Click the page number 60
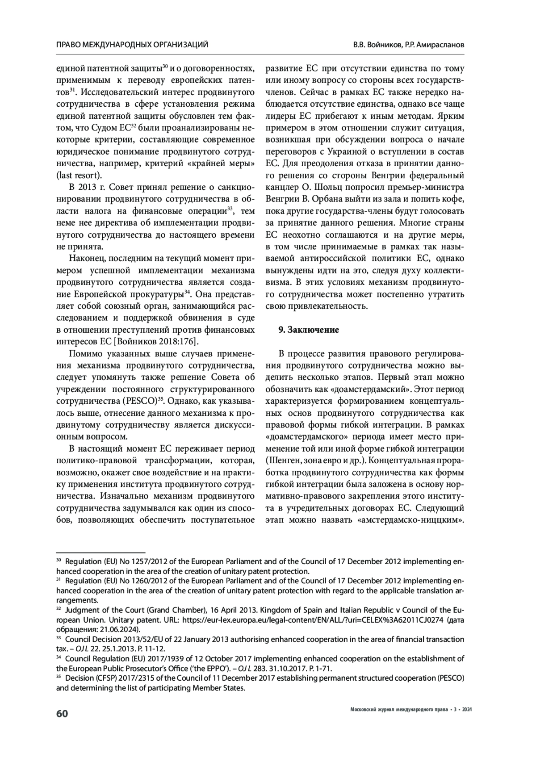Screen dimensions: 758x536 coord(62,713)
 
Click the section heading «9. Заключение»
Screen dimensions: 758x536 coord(308,330)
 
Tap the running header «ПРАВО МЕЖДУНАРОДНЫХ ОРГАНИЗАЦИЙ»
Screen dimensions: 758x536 coord(132,45)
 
